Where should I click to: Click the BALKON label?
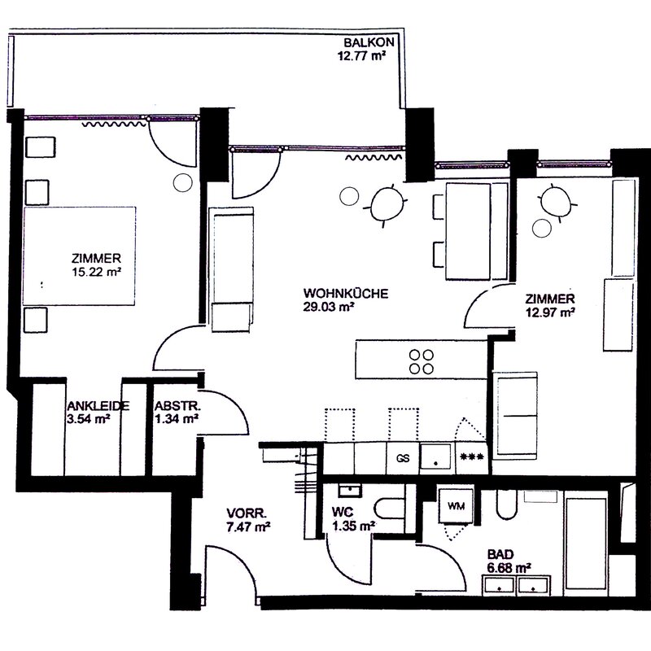coord(369,42)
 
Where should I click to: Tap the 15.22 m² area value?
coord(96,272)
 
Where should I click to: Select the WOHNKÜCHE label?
coord(345,294)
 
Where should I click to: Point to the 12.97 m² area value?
coord(550,312)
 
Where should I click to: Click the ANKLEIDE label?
coord(98,405)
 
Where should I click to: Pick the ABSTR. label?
coord(177,405)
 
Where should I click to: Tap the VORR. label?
coord(247,513)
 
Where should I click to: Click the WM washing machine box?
coord(456,505)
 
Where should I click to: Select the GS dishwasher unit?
coord(403,458)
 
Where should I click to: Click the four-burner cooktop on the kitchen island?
coord(422,361)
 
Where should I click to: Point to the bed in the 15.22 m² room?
coord(79,256)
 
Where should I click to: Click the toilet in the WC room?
coord(389,508)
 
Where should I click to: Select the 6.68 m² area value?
coord(509,567)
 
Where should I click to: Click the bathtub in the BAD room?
coord(585,544)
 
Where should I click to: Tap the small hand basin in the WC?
coord(350,491)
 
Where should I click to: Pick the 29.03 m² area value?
coord(329,308)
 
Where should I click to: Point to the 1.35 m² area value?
coord(353,526)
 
